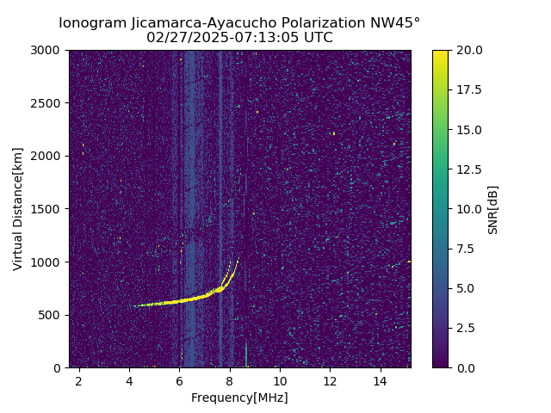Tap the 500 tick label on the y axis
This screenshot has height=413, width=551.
pos(53,315)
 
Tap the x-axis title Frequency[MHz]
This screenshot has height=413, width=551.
pos(239,398)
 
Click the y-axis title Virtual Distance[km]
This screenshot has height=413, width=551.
pos(18,209)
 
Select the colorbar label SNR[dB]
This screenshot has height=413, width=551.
pos(493,209)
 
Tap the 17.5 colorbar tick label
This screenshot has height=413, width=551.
pos(469,89)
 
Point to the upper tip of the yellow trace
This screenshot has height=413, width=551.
pos(238,259)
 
